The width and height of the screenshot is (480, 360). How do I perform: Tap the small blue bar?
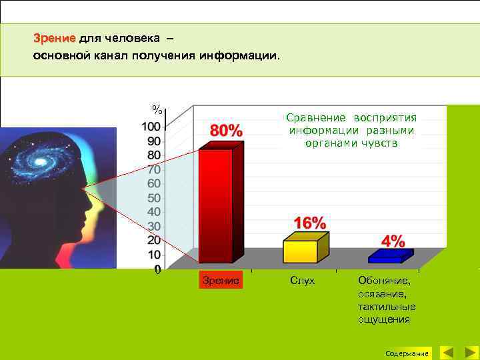coord(388,257)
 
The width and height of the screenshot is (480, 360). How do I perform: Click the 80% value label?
coord(227,130)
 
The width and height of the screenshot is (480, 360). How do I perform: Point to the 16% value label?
coord(309,223)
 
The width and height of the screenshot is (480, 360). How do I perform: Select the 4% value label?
coord(393,241)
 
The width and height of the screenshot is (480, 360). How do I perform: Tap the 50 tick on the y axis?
coord(153,198)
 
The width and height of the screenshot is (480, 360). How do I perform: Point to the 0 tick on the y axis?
coord(157,270)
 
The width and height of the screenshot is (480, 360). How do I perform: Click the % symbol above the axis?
coord(157,109)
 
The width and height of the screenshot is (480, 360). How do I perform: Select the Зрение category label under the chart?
coord(221,281)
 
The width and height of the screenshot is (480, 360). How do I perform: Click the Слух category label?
coord(303,281)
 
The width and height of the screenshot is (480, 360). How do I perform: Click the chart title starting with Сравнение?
coord(351,130)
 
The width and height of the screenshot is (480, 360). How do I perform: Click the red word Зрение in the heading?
coord(56,38)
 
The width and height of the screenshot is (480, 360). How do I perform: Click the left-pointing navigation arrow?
coord(447,352)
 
